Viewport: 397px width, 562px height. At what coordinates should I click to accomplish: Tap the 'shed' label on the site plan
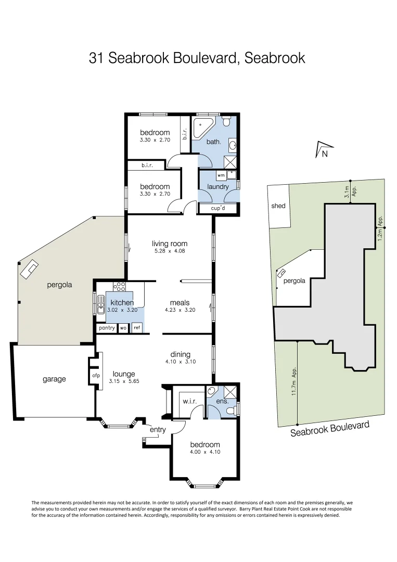pos(278,206)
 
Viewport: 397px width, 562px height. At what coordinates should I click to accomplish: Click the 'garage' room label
pos(54,379)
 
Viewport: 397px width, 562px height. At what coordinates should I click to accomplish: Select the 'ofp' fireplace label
pos(96,375)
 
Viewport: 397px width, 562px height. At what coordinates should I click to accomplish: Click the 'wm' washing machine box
pos(221,176)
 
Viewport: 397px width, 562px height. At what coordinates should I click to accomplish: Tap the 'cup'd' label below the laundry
pos(217,209)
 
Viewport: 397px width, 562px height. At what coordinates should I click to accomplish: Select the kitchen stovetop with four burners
pos(119,286)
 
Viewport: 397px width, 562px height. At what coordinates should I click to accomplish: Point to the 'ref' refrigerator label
pos(136,328)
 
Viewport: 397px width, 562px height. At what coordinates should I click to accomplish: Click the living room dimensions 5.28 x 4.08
pos(170,251)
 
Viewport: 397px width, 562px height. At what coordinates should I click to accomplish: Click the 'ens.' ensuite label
pos(222,401)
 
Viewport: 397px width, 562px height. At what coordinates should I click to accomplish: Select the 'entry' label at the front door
pos(158,429)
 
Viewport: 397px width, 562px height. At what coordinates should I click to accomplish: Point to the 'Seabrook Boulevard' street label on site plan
pos(330,429)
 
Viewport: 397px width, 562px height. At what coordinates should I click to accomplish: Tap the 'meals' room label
pos(180,302)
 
